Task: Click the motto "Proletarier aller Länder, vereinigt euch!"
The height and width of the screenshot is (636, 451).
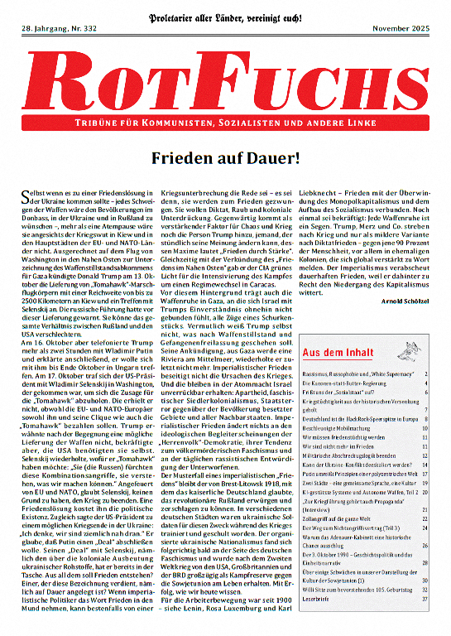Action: pyautogui.click(x=225, y=12)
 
